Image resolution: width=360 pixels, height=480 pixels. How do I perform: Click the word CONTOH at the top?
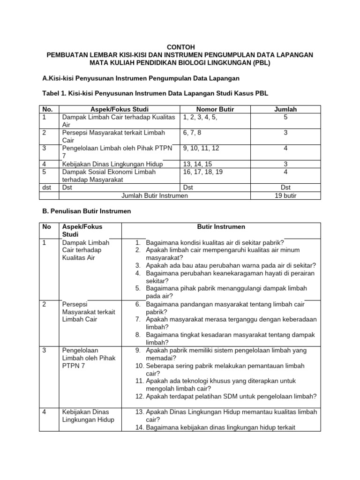point(180,47)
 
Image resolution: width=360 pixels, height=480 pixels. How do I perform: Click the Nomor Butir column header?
point(215,109)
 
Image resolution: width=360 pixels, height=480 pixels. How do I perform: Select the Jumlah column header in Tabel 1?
point(285,109)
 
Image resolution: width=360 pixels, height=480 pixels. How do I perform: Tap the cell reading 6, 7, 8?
point(193,134)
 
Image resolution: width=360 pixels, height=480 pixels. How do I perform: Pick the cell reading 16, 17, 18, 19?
point(202,172)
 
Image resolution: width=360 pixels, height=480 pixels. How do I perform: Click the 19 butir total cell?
point(285,195)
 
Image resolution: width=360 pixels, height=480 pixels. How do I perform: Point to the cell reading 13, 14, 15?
point(197,164)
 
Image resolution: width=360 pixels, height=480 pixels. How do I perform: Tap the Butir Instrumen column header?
point(221,227)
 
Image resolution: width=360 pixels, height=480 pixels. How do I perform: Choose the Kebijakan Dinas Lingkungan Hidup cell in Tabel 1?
point(112,164)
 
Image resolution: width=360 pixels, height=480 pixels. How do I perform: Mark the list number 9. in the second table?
point(138,350)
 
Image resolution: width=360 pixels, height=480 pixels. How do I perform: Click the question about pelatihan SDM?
point(231,396)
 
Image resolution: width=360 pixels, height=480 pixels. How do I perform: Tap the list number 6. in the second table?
point(138,304)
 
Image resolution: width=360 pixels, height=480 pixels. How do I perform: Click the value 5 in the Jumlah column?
point(285,117)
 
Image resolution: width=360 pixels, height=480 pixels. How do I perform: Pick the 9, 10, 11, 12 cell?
point(201,149)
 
